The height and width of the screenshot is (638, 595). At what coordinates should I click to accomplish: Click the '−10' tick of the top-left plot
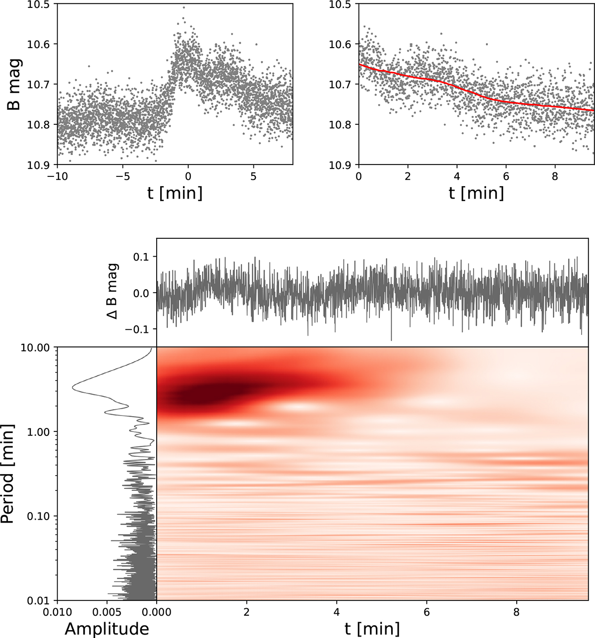(x=58, y=176)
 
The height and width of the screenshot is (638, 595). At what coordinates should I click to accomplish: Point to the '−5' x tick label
(x=122, y=176)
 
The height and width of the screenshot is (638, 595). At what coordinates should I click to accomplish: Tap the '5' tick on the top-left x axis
(x=253, y=176)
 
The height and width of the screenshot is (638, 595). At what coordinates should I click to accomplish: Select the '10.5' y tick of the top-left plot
(x=39, y=4)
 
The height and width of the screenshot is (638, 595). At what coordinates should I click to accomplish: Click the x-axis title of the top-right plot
(x=476, y=193)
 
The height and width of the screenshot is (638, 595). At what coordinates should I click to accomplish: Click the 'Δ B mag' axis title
(x=114, y=292)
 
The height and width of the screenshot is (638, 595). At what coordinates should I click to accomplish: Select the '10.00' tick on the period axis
(x=37, y=348)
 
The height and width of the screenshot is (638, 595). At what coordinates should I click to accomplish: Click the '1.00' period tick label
(x=39, y=432)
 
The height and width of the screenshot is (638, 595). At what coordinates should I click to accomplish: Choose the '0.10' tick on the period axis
(x=39, y=516)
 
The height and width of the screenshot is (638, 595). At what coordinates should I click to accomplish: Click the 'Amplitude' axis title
(x=107, y=629)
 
